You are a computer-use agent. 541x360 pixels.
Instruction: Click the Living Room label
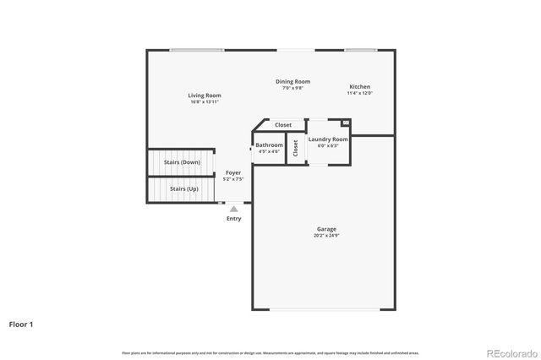click(x=205, y=95)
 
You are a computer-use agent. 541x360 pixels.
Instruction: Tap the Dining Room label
click(x=293, y=81)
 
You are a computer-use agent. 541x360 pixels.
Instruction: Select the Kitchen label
click(x=360, y=87)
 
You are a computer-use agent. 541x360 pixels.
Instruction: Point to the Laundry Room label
click(x=327, y=139)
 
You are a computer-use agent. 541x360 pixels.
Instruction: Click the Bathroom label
click(x=269, y=145)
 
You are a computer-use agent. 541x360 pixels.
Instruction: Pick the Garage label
click(x=326, y=229)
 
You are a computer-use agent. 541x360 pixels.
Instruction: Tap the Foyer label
click(x=232, y=172)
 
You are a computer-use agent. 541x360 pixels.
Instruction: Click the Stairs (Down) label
click(x=182, y=161)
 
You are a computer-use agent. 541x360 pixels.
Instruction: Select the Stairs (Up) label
click(x=183, y=188)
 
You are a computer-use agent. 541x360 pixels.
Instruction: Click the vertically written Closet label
click(x=295, y=148)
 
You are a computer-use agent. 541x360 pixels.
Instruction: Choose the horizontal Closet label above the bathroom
click(x=283, y=125)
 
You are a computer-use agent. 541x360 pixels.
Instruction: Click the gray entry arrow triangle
click(x=234, y=208)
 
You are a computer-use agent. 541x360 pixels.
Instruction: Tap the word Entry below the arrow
click(x=234, y=219)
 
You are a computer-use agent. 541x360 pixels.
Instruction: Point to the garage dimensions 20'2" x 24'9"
click(x=326, y=236)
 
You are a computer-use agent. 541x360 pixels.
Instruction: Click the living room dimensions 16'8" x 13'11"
click(x=205, y=101)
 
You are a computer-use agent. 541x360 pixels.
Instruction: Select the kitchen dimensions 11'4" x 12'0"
click(x=359, y=93)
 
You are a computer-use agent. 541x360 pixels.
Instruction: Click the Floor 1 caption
click(x=21, y=324)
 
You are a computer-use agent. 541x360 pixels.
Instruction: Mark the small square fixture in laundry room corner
click(x=345, y=123)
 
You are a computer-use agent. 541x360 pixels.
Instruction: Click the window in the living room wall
click(x=196, y=50)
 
